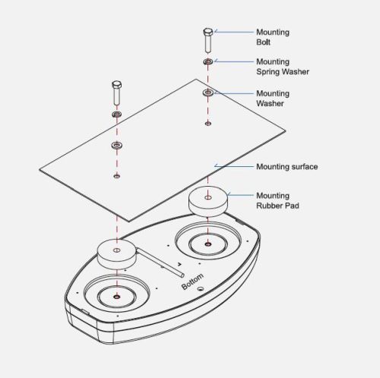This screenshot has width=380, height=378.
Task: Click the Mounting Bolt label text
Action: [273, 37]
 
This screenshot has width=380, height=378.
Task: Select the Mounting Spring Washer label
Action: [283, 67]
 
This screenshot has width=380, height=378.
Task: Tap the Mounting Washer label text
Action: [273, 99]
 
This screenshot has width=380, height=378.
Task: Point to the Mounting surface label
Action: [287, 167]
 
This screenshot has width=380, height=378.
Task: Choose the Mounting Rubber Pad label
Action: [277, 200]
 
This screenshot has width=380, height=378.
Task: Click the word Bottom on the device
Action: [192, 282]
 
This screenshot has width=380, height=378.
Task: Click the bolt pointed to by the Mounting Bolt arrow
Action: [207, 40]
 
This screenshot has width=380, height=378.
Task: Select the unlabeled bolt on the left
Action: [116, 93]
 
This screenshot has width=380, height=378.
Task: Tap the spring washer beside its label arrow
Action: [208, 61]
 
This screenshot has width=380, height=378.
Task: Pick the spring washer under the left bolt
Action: [116, 114]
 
